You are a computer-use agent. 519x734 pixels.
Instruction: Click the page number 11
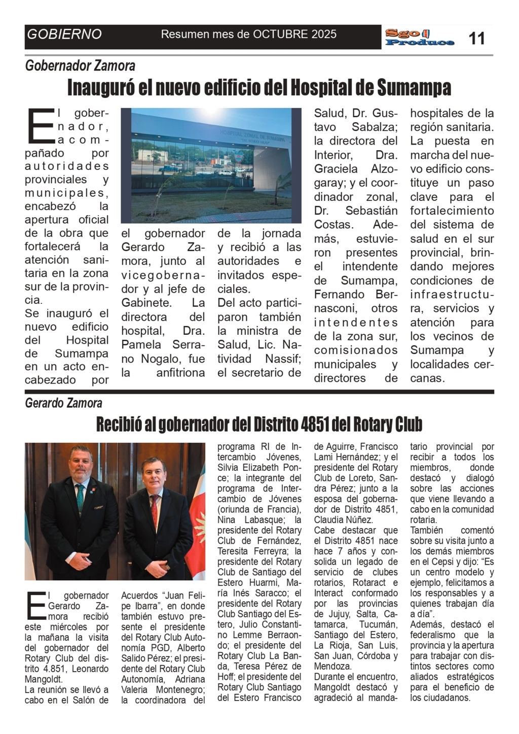click(476, 38)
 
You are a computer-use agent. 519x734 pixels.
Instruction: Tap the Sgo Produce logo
click(419, 38)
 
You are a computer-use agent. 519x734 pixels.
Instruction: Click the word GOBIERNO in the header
click(64, 34)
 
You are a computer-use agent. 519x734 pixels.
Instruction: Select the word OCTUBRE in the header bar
click(280, 34)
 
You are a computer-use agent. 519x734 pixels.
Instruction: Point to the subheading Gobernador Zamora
click(80, 66)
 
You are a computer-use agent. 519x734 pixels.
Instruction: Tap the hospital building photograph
click(211, 165)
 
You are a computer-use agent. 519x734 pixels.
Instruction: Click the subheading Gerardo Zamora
click(63, 403)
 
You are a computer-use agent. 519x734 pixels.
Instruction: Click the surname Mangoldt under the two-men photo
click(45, 679)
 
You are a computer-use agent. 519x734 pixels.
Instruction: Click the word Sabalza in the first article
click(374, 127)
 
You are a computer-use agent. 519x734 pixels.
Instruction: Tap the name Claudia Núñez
click(344, 520)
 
